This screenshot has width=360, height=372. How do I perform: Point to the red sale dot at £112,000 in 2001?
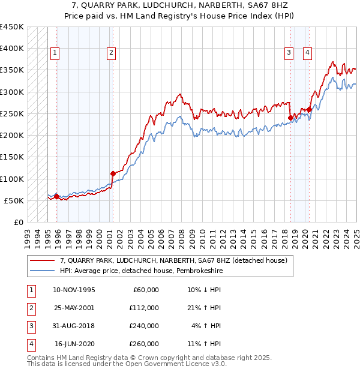click(113, 173)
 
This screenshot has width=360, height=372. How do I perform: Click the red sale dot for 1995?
click(56, 196)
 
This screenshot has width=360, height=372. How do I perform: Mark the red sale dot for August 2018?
click(290, 118)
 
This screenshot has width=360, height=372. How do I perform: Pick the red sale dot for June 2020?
click(309, 109)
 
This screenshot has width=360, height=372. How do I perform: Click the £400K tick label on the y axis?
click(12, 49)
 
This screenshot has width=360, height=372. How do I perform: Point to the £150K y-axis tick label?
click(12, 157)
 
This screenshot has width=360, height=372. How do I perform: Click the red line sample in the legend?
click(43, 261)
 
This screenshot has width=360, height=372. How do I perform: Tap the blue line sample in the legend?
click(43, 271)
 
